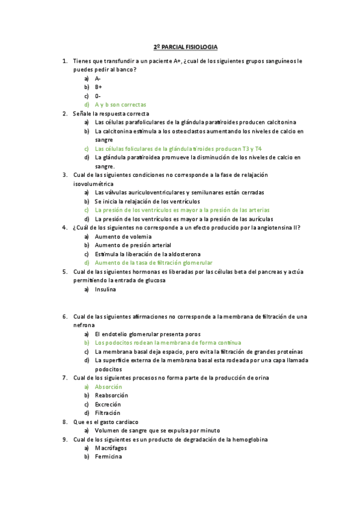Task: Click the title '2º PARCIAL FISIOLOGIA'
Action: point(185,46)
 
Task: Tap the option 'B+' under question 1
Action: point(99,87)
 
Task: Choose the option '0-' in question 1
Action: point(98,96)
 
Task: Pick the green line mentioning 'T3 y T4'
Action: point(178,149)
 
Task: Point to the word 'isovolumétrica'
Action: point(93,183)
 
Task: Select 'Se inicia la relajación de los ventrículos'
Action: point(156,201)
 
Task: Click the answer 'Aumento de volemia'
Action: point(123,236)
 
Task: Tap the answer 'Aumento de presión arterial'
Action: point(133,245)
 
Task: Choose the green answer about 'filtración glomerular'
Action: point(153,263)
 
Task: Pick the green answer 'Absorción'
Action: point(108,387)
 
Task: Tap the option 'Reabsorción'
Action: point(111,395)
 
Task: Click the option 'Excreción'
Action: point(108,404)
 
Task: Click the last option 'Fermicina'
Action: point(108,457)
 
